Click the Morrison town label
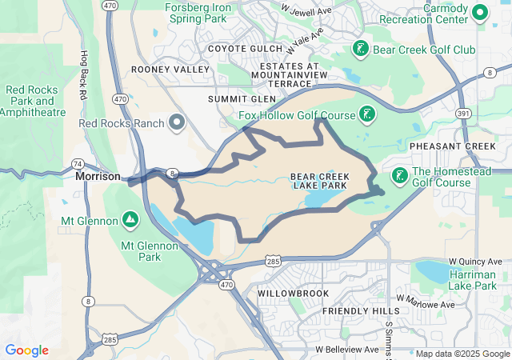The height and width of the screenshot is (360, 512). [98, 176]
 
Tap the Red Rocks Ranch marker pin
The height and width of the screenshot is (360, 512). [177, 123]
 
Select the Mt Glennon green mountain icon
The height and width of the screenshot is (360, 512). [130, 219]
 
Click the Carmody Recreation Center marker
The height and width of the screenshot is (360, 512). [481, 12]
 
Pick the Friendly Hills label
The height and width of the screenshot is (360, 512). [360, 310]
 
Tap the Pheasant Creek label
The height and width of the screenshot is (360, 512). [452, 146]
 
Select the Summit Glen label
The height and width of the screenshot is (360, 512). [241, 99]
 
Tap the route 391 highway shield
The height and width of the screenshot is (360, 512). [462, 113]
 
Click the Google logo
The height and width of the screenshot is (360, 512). [27, 350]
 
